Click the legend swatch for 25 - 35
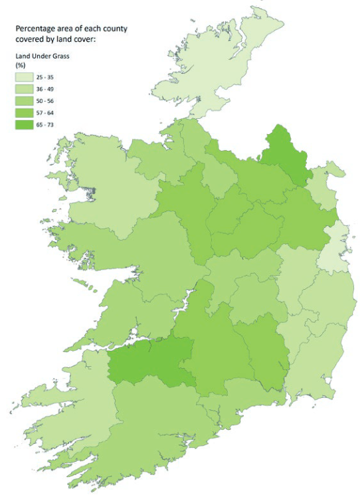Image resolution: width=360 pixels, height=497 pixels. coord(25,78)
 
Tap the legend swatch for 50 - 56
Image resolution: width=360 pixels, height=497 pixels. coord(25,101)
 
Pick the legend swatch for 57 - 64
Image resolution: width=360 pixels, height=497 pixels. coord(25,113)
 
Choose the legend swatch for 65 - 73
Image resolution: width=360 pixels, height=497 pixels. coord(25,124)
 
